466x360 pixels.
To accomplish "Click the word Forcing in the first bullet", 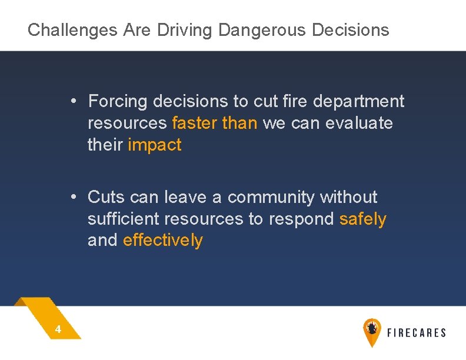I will pos(118,102).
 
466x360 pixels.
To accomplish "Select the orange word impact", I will pos(155,145).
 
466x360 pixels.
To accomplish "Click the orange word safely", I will pos(363,219).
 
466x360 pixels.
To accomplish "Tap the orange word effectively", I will pos(163,241).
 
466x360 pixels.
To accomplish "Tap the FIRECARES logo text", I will pos(417,333).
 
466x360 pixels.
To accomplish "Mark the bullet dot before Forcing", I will pos(72,101).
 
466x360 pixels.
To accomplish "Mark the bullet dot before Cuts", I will pos(72,196).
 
